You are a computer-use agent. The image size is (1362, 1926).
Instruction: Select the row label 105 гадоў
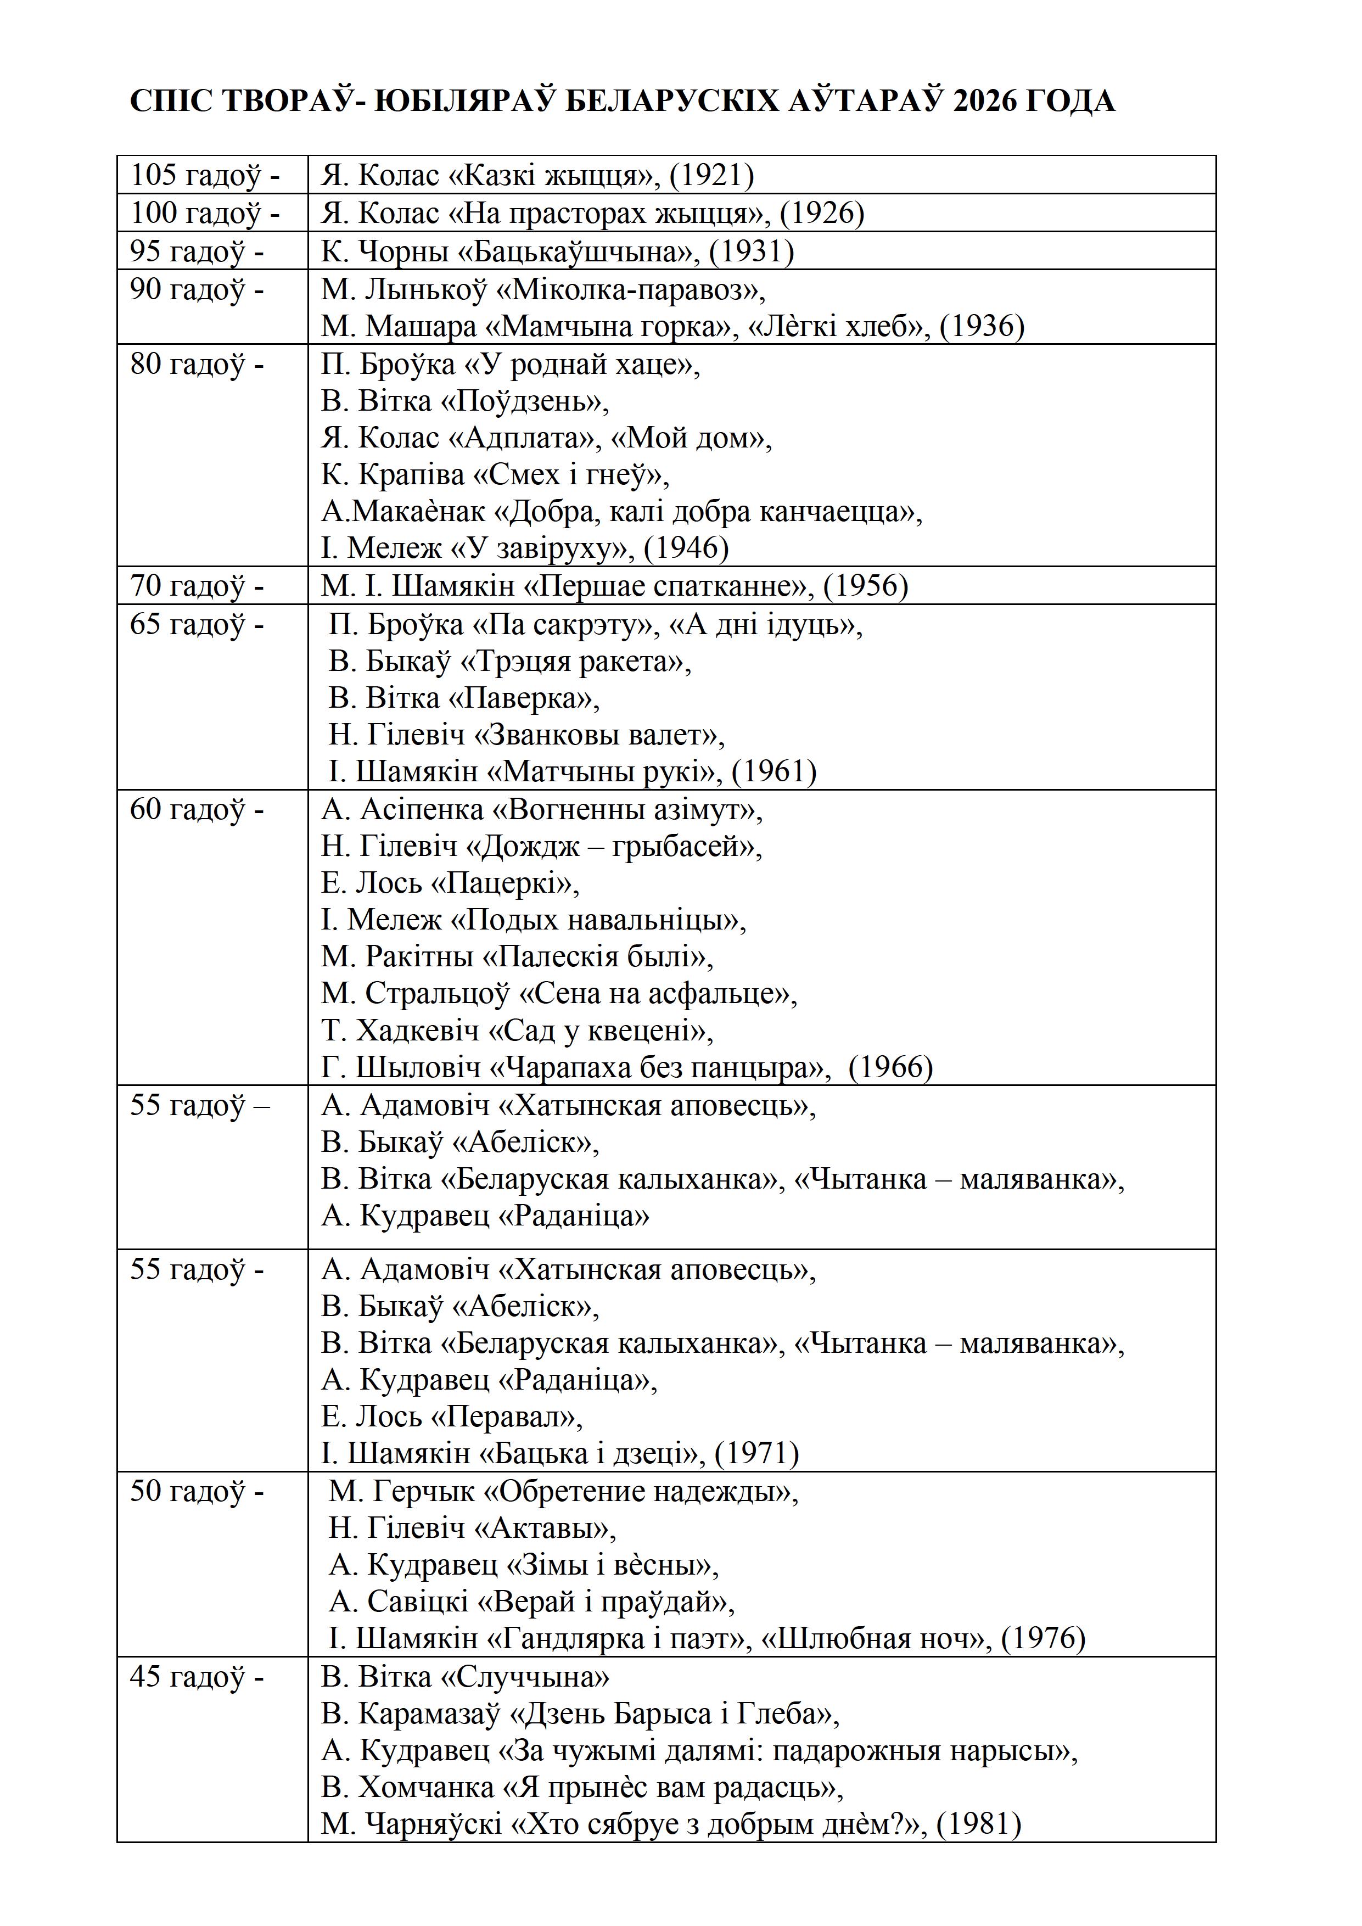[x=205, y=175]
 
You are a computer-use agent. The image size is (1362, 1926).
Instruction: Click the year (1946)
[x=686, y=548]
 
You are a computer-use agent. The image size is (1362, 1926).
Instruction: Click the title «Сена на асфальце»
[x=658, y=994]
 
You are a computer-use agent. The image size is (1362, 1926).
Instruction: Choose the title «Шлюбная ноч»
[x=876, y=1639]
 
